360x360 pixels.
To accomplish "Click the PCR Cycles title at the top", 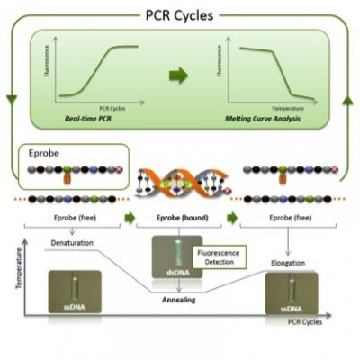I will (180, 15).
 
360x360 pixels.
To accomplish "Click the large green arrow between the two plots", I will (180, 76).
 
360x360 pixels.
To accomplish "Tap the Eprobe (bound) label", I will (180, 217).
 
